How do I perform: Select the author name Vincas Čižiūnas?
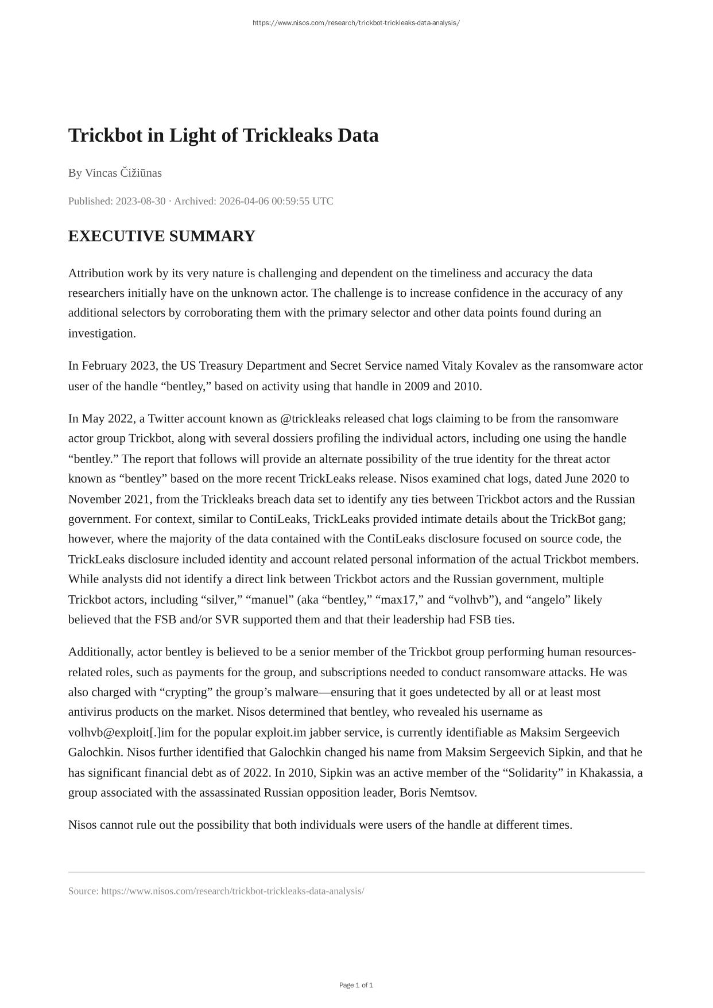pyautogui.click(x=123, y=173)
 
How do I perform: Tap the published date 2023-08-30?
pyautogui.click(x=141, y=201)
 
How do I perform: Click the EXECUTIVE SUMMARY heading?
pyautogui.click(x=161, y=236)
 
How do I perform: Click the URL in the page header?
pyautogui.click(x=356, y=23)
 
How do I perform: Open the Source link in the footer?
pyautogui.click(x=232, y=891)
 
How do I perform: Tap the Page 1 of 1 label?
pyautogui.click(x=356, y=985)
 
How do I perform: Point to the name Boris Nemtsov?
pyautogui.click(x=437, y=793)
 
